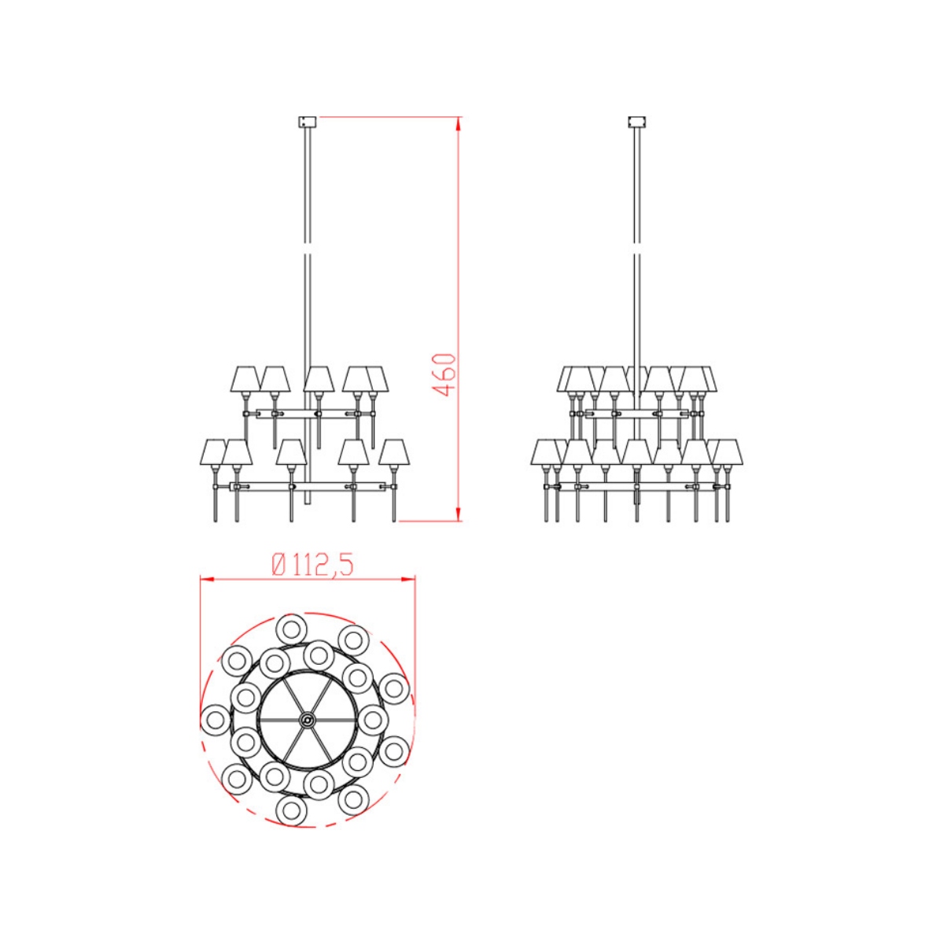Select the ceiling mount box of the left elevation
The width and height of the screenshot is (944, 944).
pyautogui.click(x=307, y=121)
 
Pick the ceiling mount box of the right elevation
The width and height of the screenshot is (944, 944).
pyautogui.click(x=637, y=121)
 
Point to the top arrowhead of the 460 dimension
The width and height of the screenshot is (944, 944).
pyautogui.click(x=458, y=123)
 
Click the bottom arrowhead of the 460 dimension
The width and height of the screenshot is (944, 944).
pyautogui.click(x=458, y=513)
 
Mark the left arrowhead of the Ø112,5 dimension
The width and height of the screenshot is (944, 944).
pyautogui.click(x=207, y=580)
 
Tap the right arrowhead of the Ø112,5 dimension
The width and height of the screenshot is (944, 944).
pyautogui.click(x=408, y=580)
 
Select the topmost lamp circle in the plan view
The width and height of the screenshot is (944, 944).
pyautogui.click(x=292, y=629)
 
